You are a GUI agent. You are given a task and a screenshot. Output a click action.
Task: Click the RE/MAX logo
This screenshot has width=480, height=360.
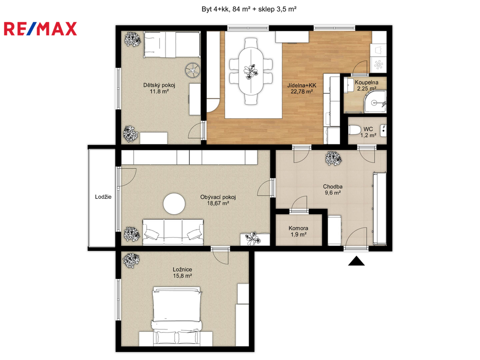click(40, 29)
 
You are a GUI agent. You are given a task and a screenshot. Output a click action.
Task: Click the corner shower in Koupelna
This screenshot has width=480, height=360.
click(377, 101)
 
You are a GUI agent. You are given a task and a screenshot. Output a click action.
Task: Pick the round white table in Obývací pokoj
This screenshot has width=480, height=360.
click(174, 203)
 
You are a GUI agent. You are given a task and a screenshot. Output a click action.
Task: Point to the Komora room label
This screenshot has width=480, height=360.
click(298, 228)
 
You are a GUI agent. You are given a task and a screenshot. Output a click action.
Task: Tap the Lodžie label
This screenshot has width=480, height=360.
click(103, 197)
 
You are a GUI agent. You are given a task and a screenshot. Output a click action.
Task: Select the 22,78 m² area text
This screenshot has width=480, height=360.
click(301, 91)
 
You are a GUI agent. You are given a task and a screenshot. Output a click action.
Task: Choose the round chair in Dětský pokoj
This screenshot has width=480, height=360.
click(193, 70)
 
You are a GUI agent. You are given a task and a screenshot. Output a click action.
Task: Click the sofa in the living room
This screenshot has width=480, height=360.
click(173, 232)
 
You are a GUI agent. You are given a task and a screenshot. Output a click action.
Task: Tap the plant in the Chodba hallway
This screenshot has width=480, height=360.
click(333, 158)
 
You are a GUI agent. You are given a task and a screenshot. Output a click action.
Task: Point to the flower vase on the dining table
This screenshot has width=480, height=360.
click(251, 72)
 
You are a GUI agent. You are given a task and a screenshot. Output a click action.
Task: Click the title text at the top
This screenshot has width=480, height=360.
click(249, 9)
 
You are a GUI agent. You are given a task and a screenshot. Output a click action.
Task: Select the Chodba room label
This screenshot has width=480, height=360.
click(333, 187)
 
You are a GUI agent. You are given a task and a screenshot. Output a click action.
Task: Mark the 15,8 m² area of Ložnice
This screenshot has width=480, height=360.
click(182, 276)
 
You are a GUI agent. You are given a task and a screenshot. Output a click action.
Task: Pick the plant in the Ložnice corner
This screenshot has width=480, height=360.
click(131, 260)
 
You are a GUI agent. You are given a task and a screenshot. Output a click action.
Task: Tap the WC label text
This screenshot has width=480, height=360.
click(368, 129)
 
